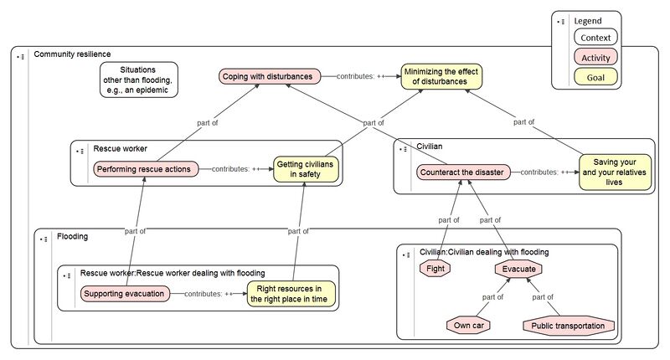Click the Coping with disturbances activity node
tap(270, 77)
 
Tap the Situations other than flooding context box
tap(138, 80)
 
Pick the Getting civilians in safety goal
tap(305, 170)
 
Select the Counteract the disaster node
tap(461, 172)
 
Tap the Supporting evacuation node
tap(124, 294)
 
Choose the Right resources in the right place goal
tap(290, 294)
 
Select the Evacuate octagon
tap(518, 269)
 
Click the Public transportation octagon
tap(569, 325)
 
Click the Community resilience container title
tap(72, 54)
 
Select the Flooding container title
tap(73, 237)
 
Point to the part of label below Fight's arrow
tap(449, 220)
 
